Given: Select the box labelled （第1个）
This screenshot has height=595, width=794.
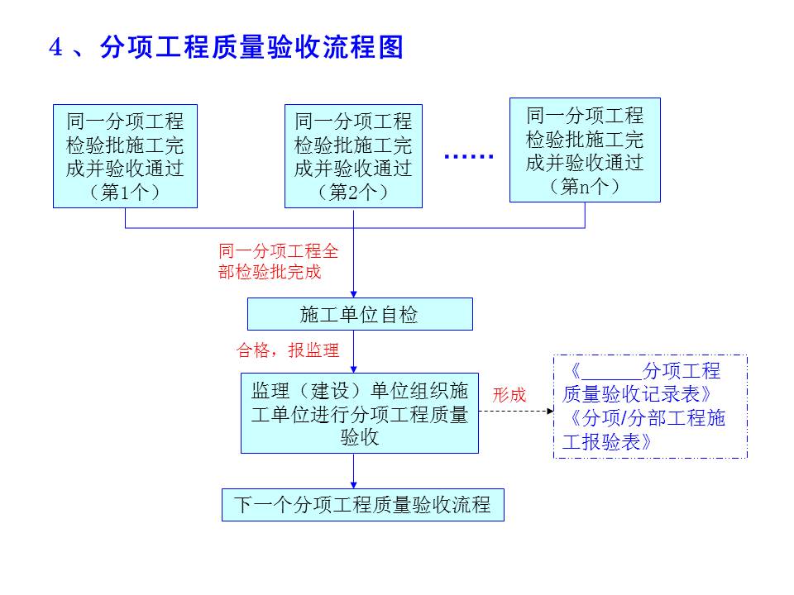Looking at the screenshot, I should coord(125,155).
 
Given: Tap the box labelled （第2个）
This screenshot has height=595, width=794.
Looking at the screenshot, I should coord(353,155).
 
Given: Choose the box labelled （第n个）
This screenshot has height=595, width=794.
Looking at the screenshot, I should coord(585,150).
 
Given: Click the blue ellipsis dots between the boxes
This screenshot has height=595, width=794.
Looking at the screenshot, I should coord(469,157).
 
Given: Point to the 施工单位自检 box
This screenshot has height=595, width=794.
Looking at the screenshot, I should coord(360,314).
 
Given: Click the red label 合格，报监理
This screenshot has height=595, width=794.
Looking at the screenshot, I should coord(288,350).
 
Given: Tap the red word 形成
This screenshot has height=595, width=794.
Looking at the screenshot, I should coord(509,395).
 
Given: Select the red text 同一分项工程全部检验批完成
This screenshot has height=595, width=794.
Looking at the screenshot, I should coord(278,261).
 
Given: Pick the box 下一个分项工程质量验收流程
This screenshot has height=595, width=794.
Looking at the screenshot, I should coord(362,505).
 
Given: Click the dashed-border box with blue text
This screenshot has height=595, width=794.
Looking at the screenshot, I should coord(649,407).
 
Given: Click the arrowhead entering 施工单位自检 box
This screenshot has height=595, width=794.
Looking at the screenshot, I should coord(354,293).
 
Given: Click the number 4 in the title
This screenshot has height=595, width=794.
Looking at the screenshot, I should coord(56,48).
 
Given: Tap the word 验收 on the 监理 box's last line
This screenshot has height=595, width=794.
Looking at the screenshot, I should coord(360,438).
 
